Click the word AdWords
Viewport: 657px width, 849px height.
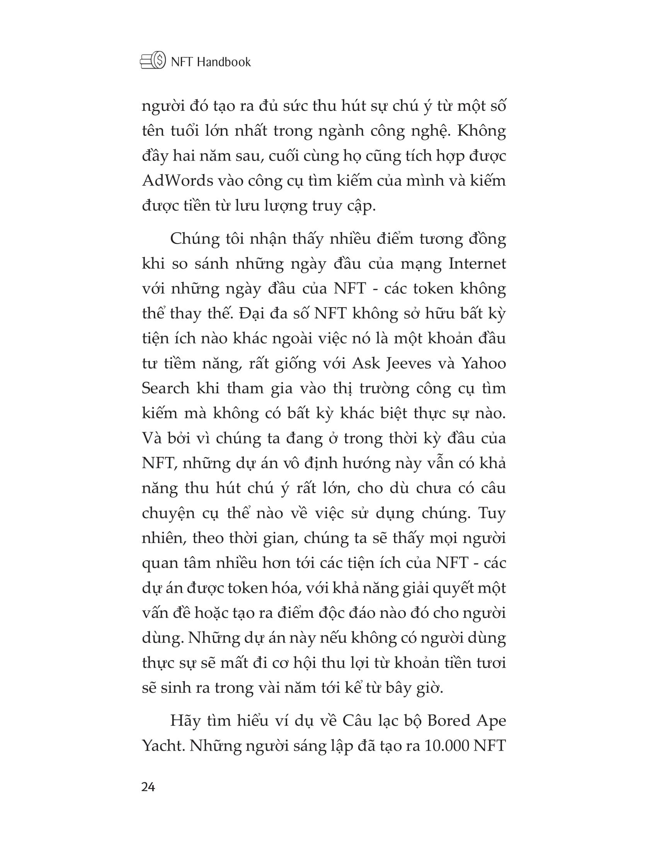177,181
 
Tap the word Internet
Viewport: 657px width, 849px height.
477,264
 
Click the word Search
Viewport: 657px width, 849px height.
165,388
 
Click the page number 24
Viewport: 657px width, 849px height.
148,788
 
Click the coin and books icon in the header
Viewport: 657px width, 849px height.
153,61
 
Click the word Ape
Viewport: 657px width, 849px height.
492,721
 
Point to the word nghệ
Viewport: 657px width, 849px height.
429,131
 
